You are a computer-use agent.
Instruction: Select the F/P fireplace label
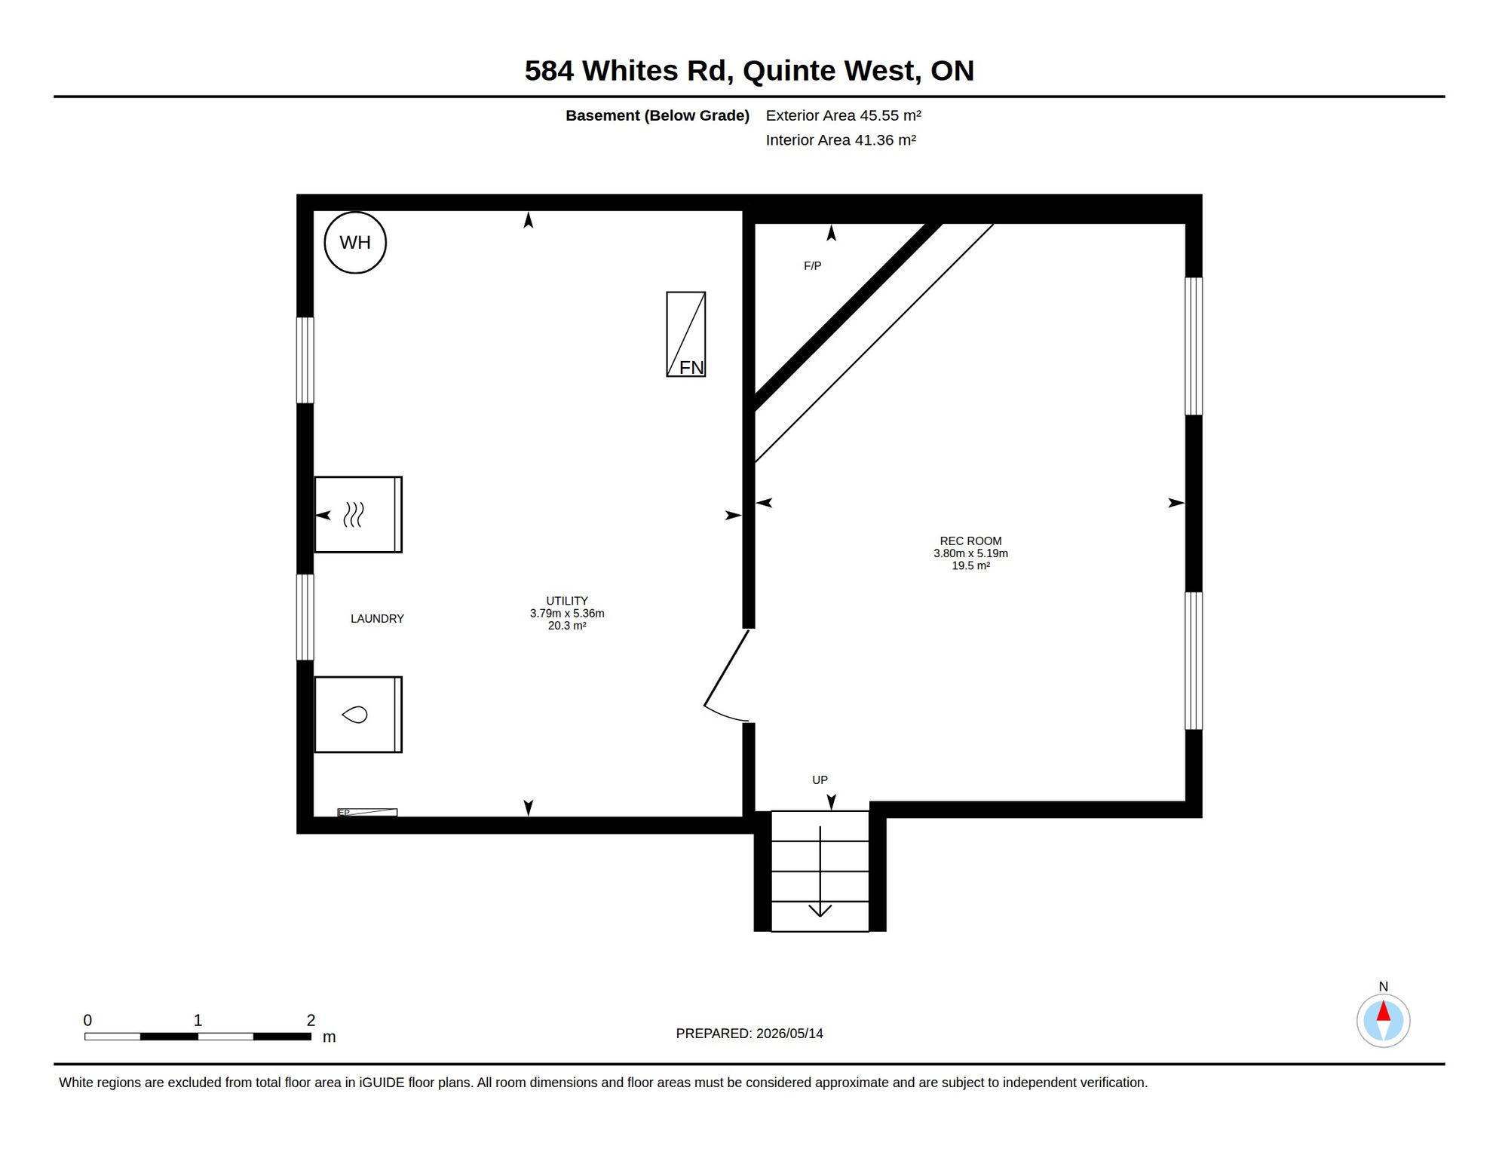[812, 266]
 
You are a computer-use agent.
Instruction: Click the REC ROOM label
[970, 541]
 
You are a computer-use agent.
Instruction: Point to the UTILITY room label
[567, 601]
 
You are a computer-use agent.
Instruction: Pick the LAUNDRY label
[377, 619]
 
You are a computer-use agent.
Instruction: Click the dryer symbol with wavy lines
[358, 515]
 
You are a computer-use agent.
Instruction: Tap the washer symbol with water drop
[358, 715]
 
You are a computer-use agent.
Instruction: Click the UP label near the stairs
[820, 780]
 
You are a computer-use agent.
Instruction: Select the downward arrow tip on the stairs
[820, 916]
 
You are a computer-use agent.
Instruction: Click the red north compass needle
[1384, 1011]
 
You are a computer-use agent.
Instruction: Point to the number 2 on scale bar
[311, 1021]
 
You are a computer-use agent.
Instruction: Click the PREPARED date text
[749, 1034]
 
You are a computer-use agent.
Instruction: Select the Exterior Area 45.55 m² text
[844, 115]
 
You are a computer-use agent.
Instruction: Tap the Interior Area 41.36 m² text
[841, 140]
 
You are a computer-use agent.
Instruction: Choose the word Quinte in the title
[789, 71]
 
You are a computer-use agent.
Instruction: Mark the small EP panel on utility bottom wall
[367, 812]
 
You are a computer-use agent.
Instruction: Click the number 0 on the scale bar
[87, 1021]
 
